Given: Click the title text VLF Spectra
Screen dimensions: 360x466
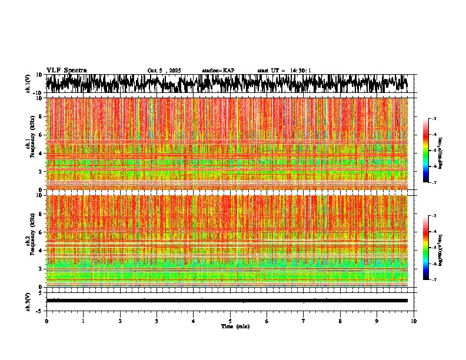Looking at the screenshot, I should click(x=66, y=70).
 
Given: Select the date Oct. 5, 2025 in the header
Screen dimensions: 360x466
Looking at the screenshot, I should click(x=164, y=71).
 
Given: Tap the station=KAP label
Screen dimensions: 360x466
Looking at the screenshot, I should click(x=218, y=71).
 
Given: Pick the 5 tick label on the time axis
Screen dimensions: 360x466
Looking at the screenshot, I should click(x=231, y=321).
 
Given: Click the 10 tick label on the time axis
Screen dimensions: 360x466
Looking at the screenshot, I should click(x=414, y=321).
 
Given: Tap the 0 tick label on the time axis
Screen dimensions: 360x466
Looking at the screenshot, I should click(x=46, y=321).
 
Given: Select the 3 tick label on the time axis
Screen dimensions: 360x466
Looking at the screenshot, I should click(x=157, y=321).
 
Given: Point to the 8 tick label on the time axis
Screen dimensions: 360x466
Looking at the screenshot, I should click(x=341, y=321).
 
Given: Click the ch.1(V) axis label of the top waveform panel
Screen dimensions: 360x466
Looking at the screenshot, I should click(x=28, y=84).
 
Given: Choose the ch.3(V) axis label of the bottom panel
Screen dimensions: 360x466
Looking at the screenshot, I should click(x=28, y=300).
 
